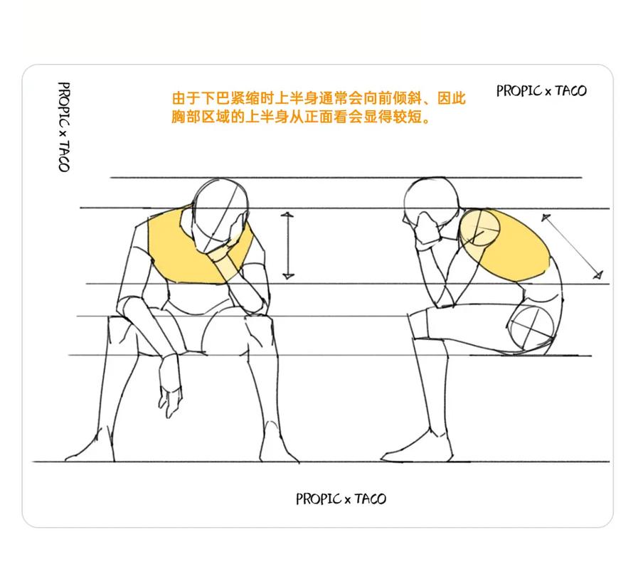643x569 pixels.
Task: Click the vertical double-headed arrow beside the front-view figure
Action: click(x=288, y=246)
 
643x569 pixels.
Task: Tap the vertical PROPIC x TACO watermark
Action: click(x=63, y=127)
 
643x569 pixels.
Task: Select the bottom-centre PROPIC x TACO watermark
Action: click(x=341, y=499)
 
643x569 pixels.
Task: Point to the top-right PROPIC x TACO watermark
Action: click(x=541, y=90)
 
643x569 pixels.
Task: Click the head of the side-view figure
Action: click(x=430, y=202)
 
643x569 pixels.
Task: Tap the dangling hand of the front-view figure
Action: click(x=170, y=386)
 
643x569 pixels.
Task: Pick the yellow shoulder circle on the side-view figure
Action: click(x=480, y=228)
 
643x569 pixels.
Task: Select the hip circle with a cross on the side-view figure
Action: click(x=531, y=329)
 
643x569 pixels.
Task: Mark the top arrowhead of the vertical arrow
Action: click(x=287, y=214)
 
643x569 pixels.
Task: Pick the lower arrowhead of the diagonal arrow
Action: click(x=598, y=275)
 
